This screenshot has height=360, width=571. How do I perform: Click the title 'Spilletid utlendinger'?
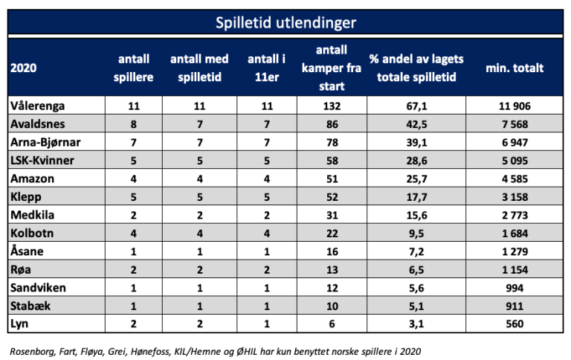pyautogui.click(x=285, y=22)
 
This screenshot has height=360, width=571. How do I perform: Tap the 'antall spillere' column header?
pyautogui.click(x=134, y=68)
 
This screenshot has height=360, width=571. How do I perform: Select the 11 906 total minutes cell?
pyautogui.click(x=513, y=106)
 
